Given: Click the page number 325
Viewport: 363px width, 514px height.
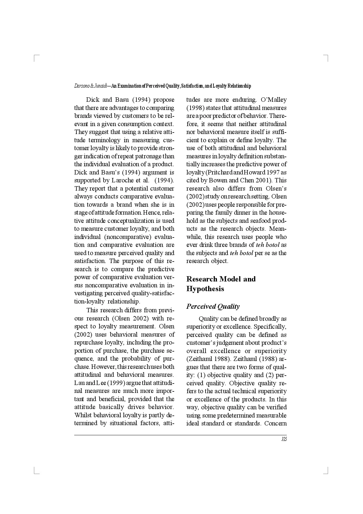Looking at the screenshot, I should click(284, 439).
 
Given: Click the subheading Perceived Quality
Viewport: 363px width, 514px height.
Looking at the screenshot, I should click(213, 306).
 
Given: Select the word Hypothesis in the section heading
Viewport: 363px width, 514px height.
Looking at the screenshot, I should click(205, 289).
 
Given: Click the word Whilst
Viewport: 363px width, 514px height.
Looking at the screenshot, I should click(83, 415).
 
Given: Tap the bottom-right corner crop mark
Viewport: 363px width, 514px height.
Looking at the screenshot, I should click(327, 471).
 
